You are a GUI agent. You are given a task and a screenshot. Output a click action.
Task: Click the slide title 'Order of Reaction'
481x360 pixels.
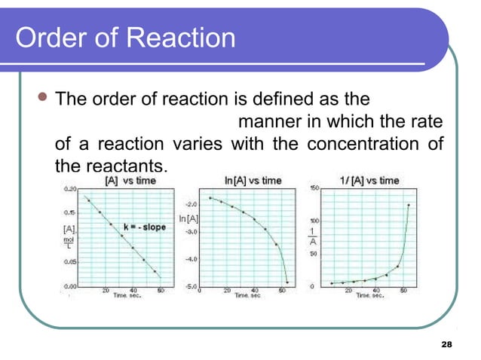tap(124, 38)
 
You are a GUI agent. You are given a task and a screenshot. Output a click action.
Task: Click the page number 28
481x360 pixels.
tap(446, 344)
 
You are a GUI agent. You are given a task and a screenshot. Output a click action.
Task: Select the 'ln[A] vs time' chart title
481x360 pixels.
tap(253, 181)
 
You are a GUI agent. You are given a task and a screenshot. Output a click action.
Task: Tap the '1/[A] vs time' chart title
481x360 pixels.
tap(369, 181)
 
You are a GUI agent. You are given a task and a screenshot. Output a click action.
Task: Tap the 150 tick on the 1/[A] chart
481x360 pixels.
tap(315, 188)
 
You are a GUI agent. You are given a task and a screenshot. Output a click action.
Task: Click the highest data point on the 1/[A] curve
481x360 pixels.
tap(409, 205)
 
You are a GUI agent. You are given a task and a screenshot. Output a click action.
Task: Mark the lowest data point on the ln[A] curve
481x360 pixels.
tap(287, 282)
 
